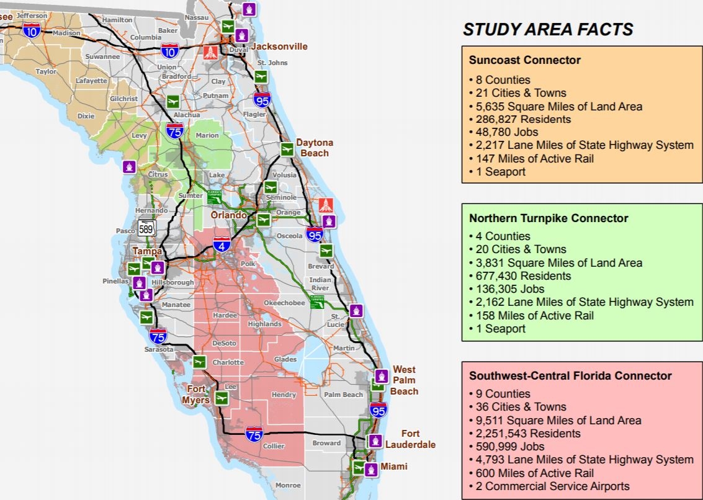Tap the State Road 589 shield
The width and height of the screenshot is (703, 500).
point(146,228)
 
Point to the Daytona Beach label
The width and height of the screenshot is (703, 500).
point(314,148)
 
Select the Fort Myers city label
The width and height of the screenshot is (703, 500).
point(195,395)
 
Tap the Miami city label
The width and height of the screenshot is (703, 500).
point(394,467)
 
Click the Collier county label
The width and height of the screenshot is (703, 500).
point(274,446)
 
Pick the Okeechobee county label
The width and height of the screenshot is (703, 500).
point(284,303)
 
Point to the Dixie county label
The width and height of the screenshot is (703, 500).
point(86,115)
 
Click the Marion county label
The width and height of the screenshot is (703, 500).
point(207,135)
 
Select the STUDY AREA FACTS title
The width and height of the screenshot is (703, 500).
point(548,29)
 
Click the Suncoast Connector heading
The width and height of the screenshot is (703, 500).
point(525,60)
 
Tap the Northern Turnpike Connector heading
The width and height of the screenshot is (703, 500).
point(549,218)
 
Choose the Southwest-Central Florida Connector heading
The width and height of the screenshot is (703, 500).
point(570,376)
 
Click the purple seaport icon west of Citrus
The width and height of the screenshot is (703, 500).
point(129,166)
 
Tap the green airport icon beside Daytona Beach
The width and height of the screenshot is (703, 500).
point(287,150)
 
